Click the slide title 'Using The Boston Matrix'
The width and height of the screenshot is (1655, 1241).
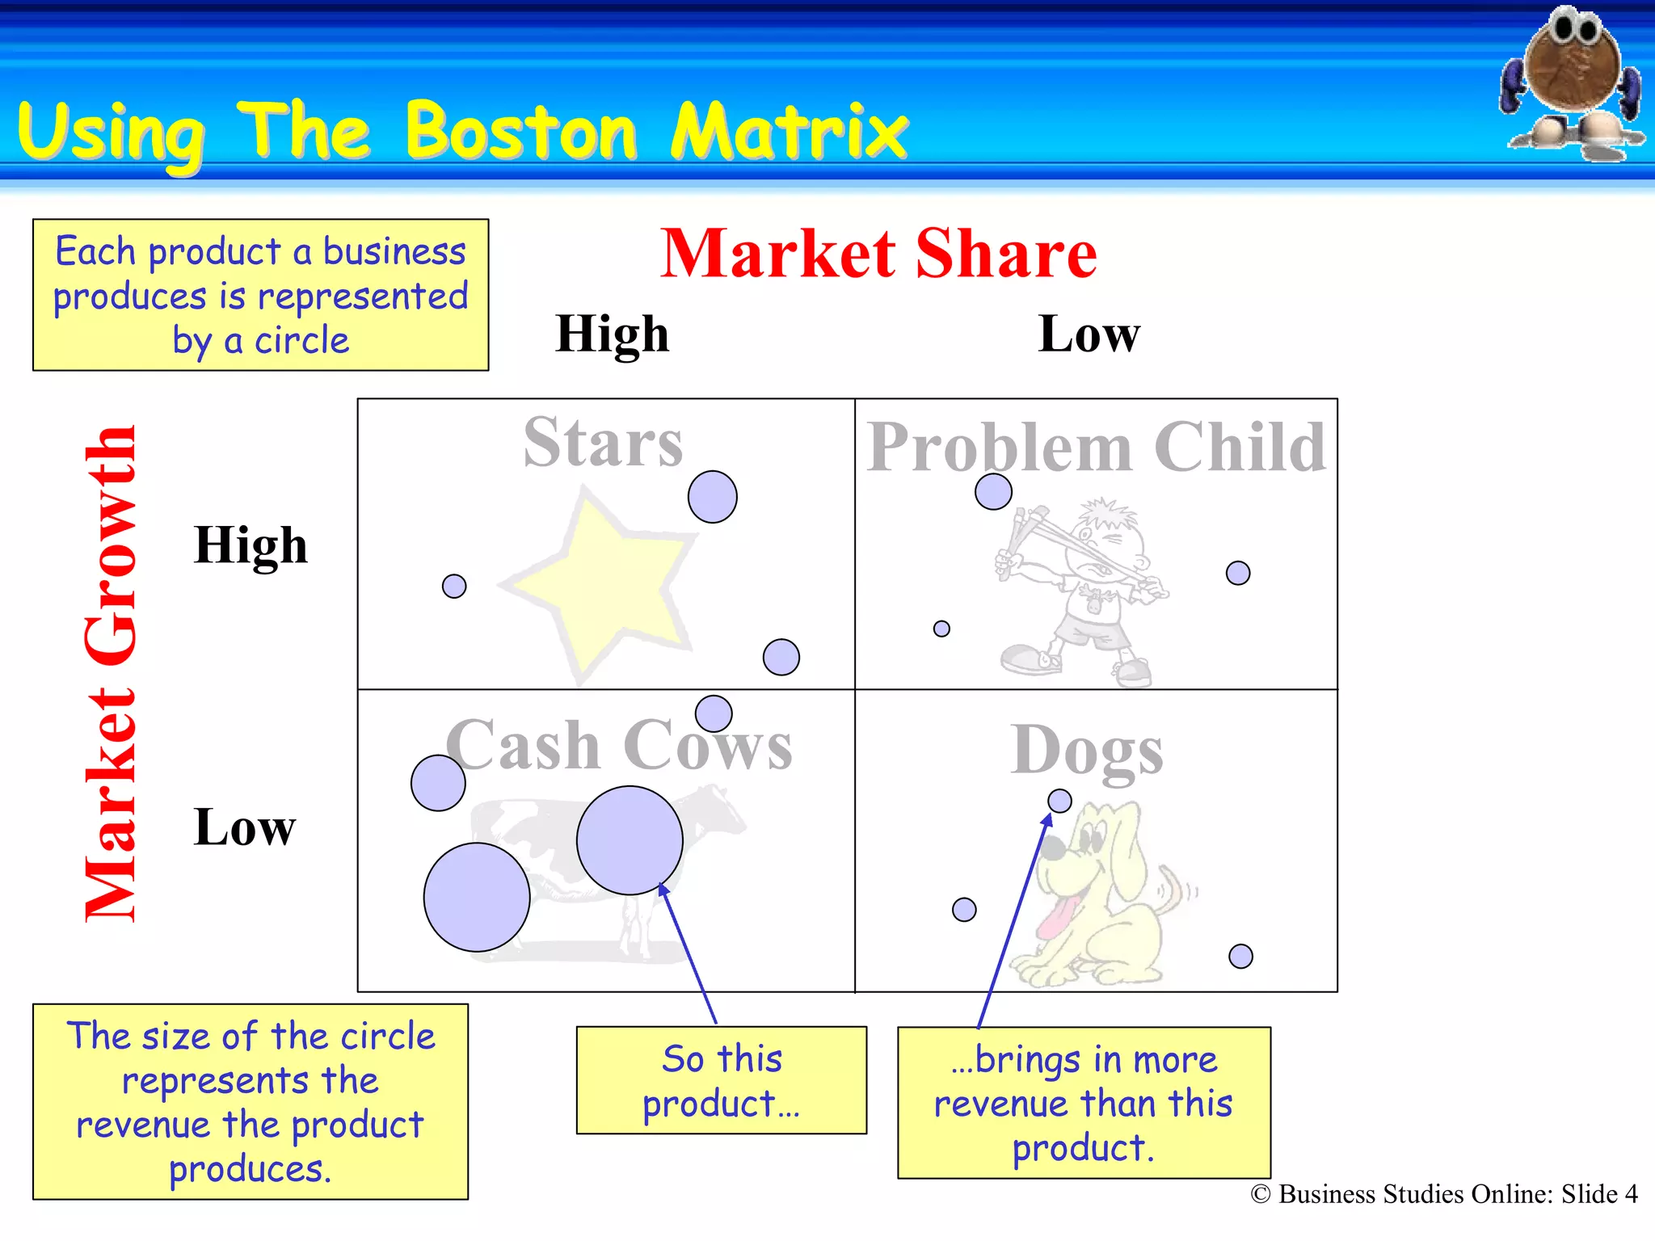[462, 131]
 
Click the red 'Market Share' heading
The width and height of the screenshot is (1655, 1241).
[878, 254]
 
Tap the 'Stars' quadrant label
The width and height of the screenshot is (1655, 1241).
[603, 442]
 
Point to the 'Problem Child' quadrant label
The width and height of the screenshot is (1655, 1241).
[1096, 447]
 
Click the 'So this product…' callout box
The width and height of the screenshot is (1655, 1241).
[721, 1080]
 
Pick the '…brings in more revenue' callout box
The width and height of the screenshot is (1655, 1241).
[1084, 1103]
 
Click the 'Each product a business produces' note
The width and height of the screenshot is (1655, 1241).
[260, 295]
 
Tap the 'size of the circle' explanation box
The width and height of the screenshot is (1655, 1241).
[251, 1102]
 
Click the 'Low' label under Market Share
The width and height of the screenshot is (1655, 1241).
[1089, 334]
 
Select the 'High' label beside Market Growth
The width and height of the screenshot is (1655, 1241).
[251, 545]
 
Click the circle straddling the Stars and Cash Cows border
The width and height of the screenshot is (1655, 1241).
[714, 713]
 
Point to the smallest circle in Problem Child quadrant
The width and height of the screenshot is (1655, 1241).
[941, 629]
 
